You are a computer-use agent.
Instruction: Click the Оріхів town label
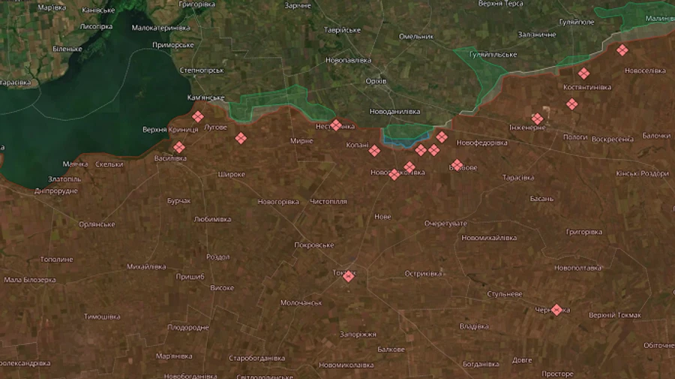(x=376, y=81)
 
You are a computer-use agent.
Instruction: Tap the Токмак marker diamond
(x=348, y=275)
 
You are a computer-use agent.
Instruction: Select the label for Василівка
(x=171, y=158)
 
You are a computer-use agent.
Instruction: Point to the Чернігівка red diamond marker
(x=556, y=309)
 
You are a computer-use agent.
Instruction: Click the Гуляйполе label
(x=577, y=22)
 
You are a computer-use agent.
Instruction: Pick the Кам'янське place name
(x=205, y=98)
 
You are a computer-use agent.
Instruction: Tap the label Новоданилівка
(x=395, y=111)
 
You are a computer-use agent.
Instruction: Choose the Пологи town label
(x=575, y=138)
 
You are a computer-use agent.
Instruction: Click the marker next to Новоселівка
(x=622, y=50)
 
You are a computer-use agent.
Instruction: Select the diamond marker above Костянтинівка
(x=583, y=74)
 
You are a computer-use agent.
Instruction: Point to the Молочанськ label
(x=301, y=302)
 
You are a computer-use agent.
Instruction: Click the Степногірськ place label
(x=202, y=70)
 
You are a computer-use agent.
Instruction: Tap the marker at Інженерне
(x=538, y=118)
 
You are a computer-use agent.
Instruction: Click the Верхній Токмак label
(x=615, y=315)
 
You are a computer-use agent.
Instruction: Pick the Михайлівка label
(x=146, y=266)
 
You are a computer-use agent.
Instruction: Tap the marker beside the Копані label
(x=374, y=151)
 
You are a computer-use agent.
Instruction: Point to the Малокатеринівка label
(x=161, y=28)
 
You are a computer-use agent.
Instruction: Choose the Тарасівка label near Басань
(x=518, y=178)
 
